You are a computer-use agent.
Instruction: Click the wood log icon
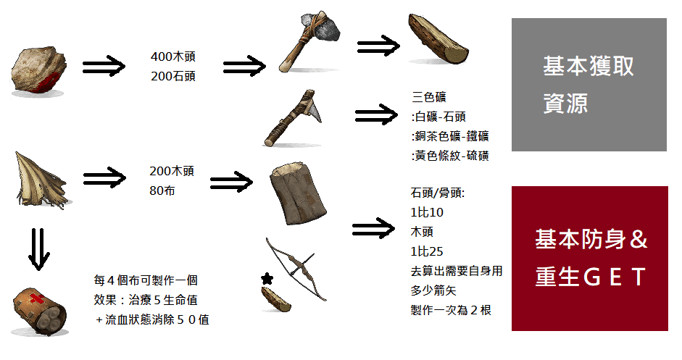click(x=438, y=41)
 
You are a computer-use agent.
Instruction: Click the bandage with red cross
click(x=39, y=311)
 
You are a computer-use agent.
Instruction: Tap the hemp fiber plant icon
click(x=40, y=181)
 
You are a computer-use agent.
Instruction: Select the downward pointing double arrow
click(x=41, y=249)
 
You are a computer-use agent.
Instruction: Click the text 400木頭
click(x=172, y=56)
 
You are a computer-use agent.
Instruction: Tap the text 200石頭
click(x=172, y=75)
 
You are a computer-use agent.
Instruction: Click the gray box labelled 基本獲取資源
click(x=589, y=85)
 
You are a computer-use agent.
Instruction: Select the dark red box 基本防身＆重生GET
click(x=589, y=259)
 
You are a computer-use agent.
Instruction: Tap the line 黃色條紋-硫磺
click(x=449, y=155)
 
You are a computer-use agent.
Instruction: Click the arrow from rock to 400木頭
click(x=106, y=67)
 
